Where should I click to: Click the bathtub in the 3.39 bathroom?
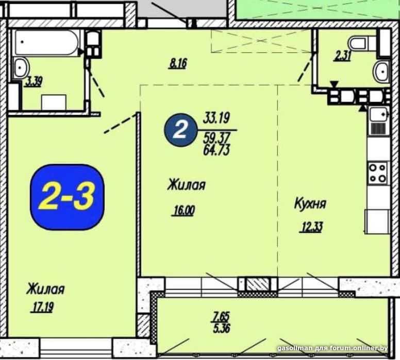(x=47, y=42)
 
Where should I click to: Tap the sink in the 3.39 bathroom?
(x=21, y=67)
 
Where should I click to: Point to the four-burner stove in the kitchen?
(x=378, y=173)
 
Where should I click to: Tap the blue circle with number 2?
(x=180, y=130)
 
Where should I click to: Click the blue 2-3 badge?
(x=67, y=197)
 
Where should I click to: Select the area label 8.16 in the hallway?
(x=177, y=63)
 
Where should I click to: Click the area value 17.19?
(x=42, y=307)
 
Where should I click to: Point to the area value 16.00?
(x=184, y=211)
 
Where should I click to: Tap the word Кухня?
(x=310, y=204)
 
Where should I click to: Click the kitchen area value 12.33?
(x=312, y=227)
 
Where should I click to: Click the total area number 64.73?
(x=216, y=150)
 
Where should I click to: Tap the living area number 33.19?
(x=216, y=118)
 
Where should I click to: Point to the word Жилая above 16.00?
(x=186, y=184)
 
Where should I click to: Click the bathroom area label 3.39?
(x=34, y=82)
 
